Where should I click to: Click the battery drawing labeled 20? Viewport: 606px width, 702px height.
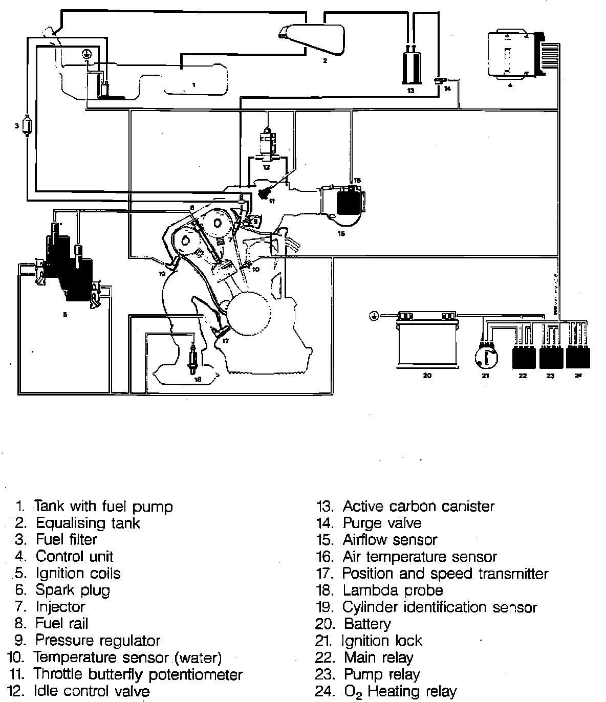point(428,342)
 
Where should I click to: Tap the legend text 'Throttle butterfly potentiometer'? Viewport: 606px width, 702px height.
point(138,674)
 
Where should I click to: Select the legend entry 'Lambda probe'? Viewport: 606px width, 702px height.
point(393,590)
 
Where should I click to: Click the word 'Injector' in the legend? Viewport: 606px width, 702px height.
point(60,607)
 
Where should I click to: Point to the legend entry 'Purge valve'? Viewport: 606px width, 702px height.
point(382,523)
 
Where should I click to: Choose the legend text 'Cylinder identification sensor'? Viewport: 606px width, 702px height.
point(440,607)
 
